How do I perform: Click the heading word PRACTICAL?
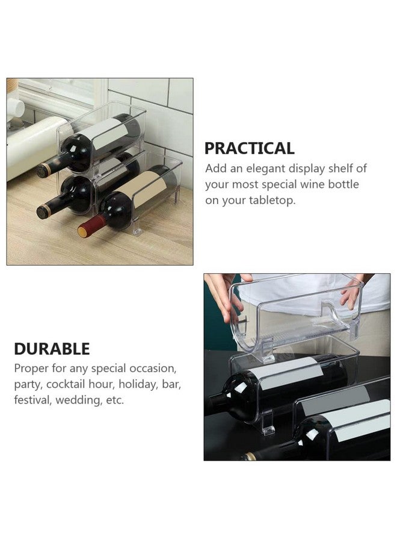[x=249, y=148]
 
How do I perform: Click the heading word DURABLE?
[x=52, y=348]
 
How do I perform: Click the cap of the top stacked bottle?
[x=43, y=170]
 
